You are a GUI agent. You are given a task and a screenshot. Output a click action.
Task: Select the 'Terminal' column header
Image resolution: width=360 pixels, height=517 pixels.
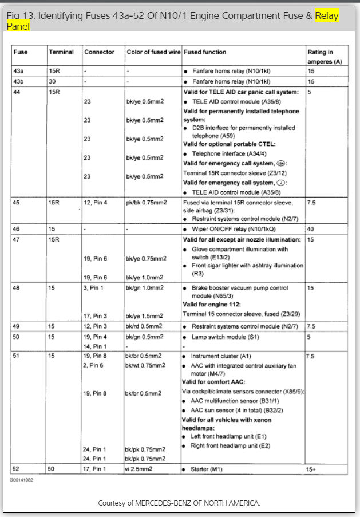(x=61, y=52)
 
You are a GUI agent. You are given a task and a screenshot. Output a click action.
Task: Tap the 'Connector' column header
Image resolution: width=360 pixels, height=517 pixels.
(x=99, y=52)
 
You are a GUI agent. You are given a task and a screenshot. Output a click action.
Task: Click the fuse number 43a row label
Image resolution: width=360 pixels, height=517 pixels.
(x=19, y=72)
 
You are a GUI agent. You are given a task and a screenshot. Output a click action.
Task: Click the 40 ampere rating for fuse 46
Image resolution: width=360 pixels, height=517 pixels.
(x=311, y=228)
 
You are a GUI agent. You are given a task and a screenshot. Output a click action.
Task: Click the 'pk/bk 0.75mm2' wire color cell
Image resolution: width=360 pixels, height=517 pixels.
(x=146, y=202)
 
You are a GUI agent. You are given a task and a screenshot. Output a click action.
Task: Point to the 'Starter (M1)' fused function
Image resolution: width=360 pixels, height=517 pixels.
(x=207, y=469)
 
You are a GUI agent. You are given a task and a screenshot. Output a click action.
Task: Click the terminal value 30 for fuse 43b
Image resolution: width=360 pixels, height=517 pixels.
(x=52, y=81)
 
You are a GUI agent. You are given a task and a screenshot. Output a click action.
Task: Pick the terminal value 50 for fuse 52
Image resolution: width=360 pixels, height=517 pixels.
(x=52, y=469)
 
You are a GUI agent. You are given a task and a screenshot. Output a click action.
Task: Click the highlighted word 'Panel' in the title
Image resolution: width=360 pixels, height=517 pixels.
(x=18, y=26)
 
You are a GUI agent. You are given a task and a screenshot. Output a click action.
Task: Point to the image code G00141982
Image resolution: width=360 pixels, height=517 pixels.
(x=21, y=480)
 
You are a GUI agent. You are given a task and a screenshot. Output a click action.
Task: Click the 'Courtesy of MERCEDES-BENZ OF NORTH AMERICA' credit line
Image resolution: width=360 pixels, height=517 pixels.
(x=179, y=503)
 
